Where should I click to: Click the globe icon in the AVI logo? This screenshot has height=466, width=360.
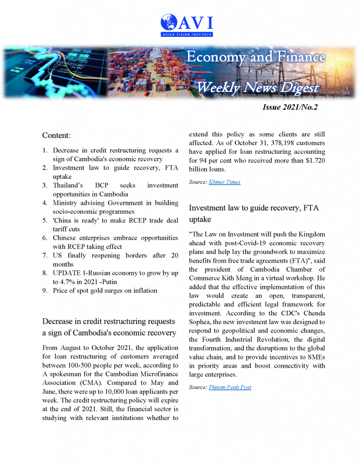(x=169, y=22)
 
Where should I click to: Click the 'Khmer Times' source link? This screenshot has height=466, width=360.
(x=224, y=182)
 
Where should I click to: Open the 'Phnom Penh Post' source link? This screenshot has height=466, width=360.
(x=230, y=387)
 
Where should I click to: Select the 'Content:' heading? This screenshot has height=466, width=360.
(x=56, y=136)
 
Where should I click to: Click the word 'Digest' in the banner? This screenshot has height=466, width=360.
(x=299, y=87)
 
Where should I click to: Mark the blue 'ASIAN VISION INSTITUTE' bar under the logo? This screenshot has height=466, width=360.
(x=187, y=34)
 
